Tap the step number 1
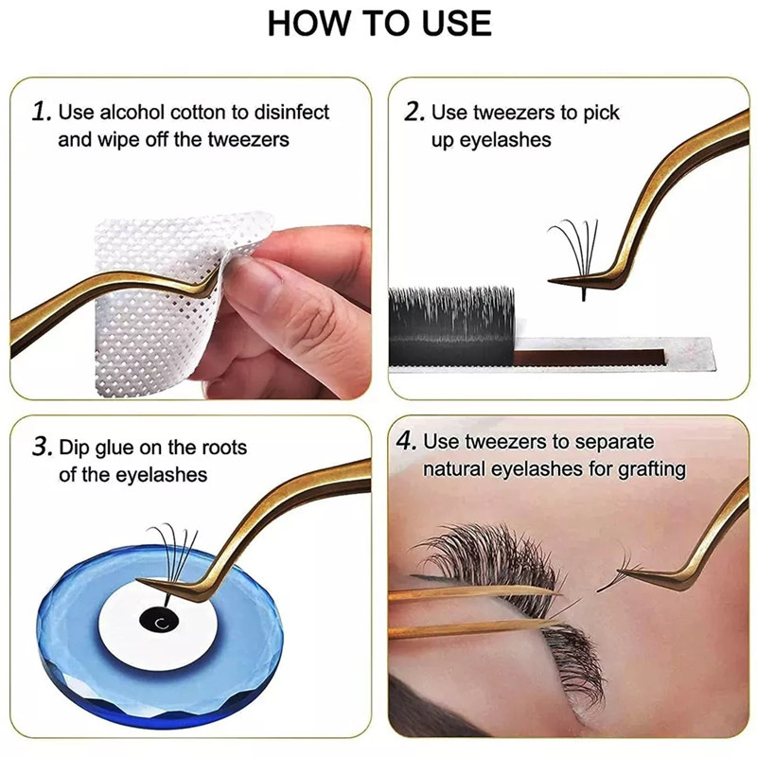click(42, 112)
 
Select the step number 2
click(414, 112)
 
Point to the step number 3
click(42, 447)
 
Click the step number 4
click(406, 441)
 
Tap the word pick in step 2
click(601, 113)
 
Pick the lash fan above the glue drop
click(171, 555)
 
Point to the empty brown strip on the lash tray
click(590, 358)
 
